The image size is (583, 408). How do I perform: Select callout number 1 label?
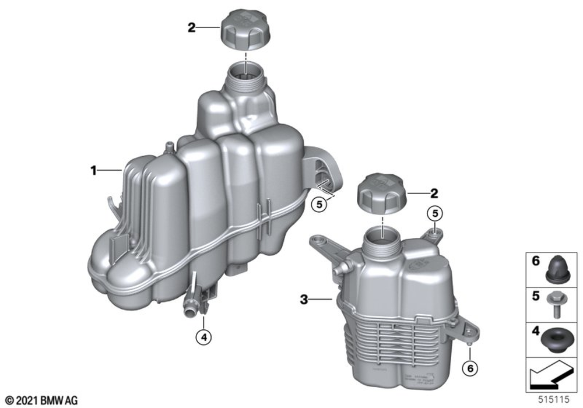(x=93, y=171)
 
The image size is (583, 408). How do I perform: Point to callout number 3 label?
(x=303, y=300)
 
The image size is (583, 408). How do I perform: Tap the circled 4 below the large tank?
(x=203, y=336)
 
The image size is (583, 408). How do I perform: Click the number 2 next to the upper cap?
(x=191, y=27)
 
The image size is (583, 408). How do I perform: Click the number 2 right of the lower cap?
(x=434, y=193)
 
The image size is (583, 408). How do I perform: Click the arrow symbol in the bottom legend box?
(x=548, y=373)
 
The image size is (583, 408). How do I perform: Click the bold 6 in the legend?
(x=535, y=262)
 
